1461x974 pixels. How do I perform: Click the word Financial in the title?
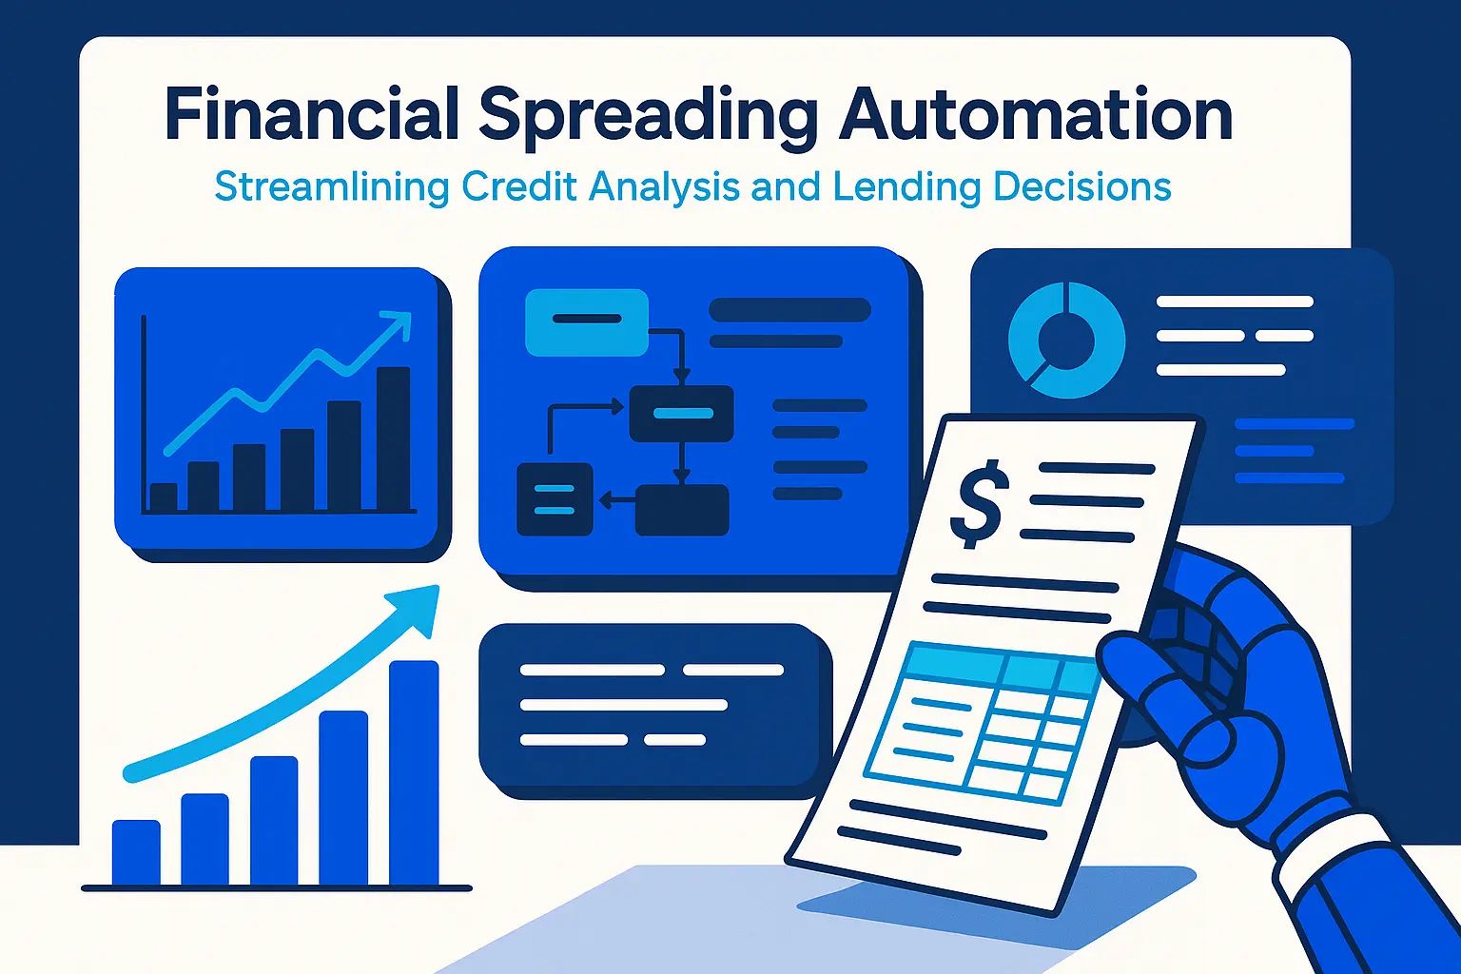click(311, 113)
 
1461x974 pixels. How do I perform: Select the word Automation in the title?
click(1035, 113)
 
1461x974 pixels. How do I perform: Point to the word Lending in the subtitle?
click(907, 188)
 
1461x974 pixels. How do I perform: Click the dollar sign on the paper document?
click(980, 503)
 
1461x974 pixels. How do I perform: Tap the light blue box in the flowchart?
click(586, 322)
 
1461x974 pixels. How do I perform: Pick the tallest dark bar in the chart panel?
click(393, 438)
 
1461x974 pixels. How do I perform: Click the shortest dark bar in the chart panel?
click(163, 497)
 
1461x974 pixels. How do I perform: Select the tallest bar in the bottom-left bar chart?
click(414, 773)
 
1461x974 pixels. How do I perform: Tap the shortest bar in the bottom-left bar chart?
click(136, 852)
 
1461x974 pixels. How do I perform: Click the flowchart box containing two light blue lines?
click(555, 499)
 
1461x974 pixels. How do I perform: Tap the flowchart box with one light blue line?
click(682, 414)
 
